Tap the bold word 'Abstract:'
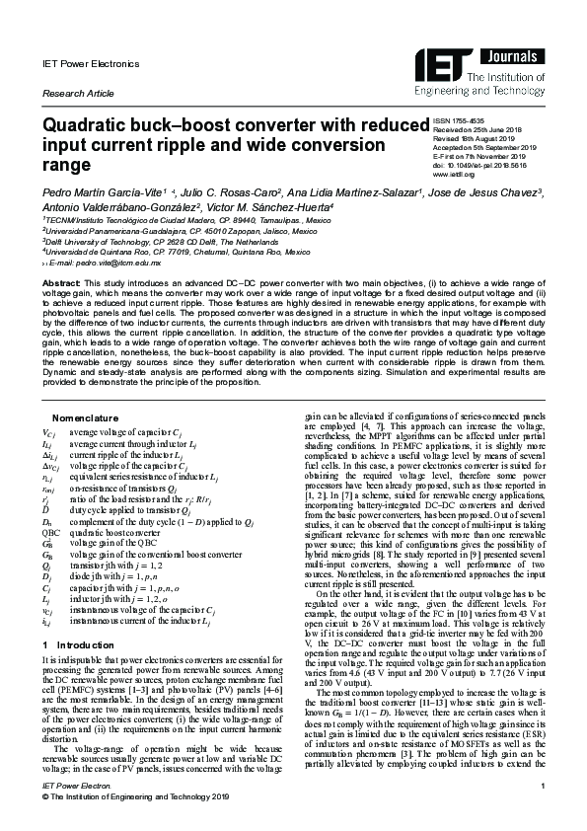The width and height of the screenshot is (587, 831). (x=60, y=284)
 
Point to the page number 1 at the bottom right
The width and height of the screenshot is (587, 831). (x=543, y=812)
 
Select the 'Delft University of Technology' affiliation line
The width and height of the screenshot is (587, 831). (x=143, y=243)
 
